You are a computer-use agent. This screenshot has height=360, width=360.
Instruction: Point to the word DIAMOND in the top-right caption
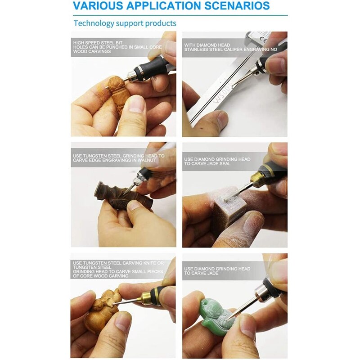209,45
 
